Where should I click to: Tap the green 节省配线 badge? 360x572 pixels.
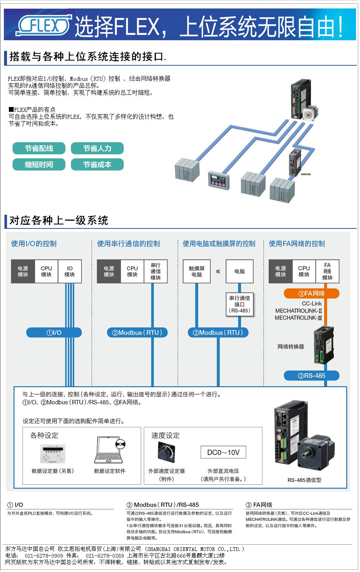[x=39, y=148]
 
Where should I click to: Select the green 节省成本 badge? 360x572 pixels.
[x=97, y=165]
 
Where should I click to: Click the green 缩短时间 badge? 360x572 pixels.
[x=39, y=165]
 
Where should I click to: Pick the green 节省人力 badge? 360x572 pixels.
[x=97, y=148]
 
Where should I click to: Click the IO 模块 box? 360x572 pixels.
[x=70, y=271]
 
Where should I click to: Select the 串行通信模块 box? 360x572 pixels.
[x=155, y=271]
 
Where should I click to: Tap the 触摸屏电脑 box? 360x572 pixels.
[x=197, y=271]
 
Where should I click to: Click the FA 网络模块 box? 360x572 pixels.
[x=327, y=271]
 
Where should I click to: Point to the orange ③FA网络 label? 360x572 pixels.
[x=311, y=293]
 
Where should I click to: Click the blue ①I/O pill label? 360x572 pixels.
[x=54, y=332]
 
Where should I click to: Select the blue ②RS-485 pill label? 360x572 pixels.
[x=311, y=376]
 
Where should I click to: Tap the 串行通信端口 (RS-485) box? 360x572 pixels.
[x=240, y=304]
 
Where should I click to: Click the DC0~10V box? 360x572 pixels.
[x=223, y=452]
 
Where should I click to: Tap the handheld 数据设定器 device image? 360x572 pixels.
[x=52, y=453]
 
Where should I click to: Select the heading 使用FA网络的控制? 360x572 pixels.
[x=297, y=244]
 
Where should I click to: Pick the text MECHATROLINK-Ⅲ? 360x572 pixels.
[x=298, y=318]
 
